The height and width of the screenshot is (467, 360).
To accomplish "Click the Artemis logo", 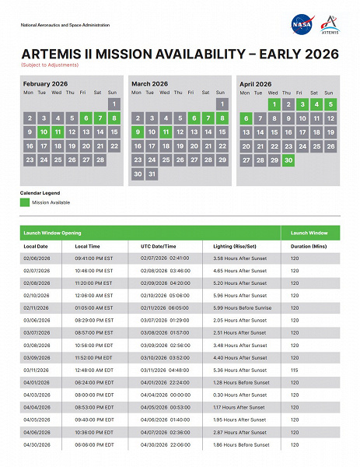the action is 329,25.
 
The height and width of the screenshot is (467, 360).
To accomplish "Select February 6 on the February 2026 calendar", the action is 86,118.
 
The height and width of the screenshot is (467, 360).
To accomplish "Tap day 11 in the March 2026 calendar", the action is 166,132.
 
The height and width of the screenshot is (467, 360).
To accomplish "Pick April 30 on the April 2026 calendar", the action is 288,160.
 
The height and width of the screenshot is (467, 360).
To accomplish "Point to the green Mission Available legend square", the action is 25,202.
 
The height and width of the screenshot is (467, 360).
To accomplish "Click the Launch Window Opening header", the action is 50,233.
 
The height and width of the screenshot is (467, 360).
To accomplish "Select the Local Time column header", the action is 89,246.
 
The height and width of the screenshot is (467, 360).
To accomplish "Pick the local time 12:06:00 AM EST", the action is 94,296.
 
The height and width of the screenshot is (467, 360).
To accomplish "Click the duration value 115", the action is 294,370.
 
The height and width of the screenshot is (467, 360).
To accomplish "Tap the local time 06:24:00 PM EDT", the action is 94,383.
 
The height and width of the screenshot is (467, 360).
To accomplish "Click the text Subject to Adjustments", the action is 44,64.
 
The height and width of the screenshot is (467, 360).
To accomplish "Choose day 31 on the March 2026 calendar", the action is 151,174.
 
